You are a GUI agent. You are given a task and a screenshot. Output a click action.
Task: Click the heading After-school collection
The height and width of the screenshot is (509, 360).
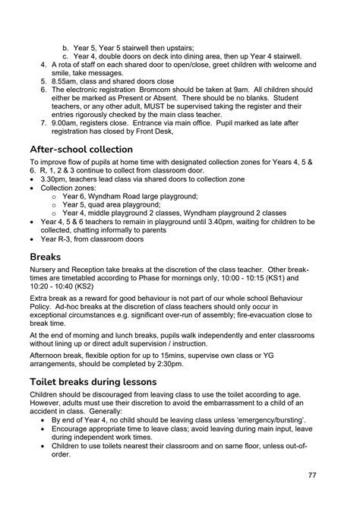81,149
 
